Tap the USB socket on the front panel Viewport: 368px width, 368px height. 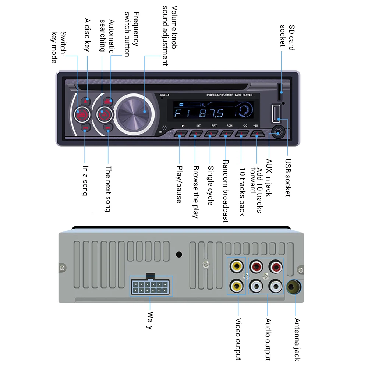[276, 113]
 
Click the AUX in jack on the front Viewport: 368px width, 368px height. [277, 131]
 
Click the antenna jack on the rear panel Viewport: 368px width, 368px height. [294, 287]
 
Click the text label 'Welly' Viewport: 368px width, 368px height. [149, 320]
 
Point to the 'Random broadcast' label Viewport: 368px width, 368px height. [226, 191]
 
